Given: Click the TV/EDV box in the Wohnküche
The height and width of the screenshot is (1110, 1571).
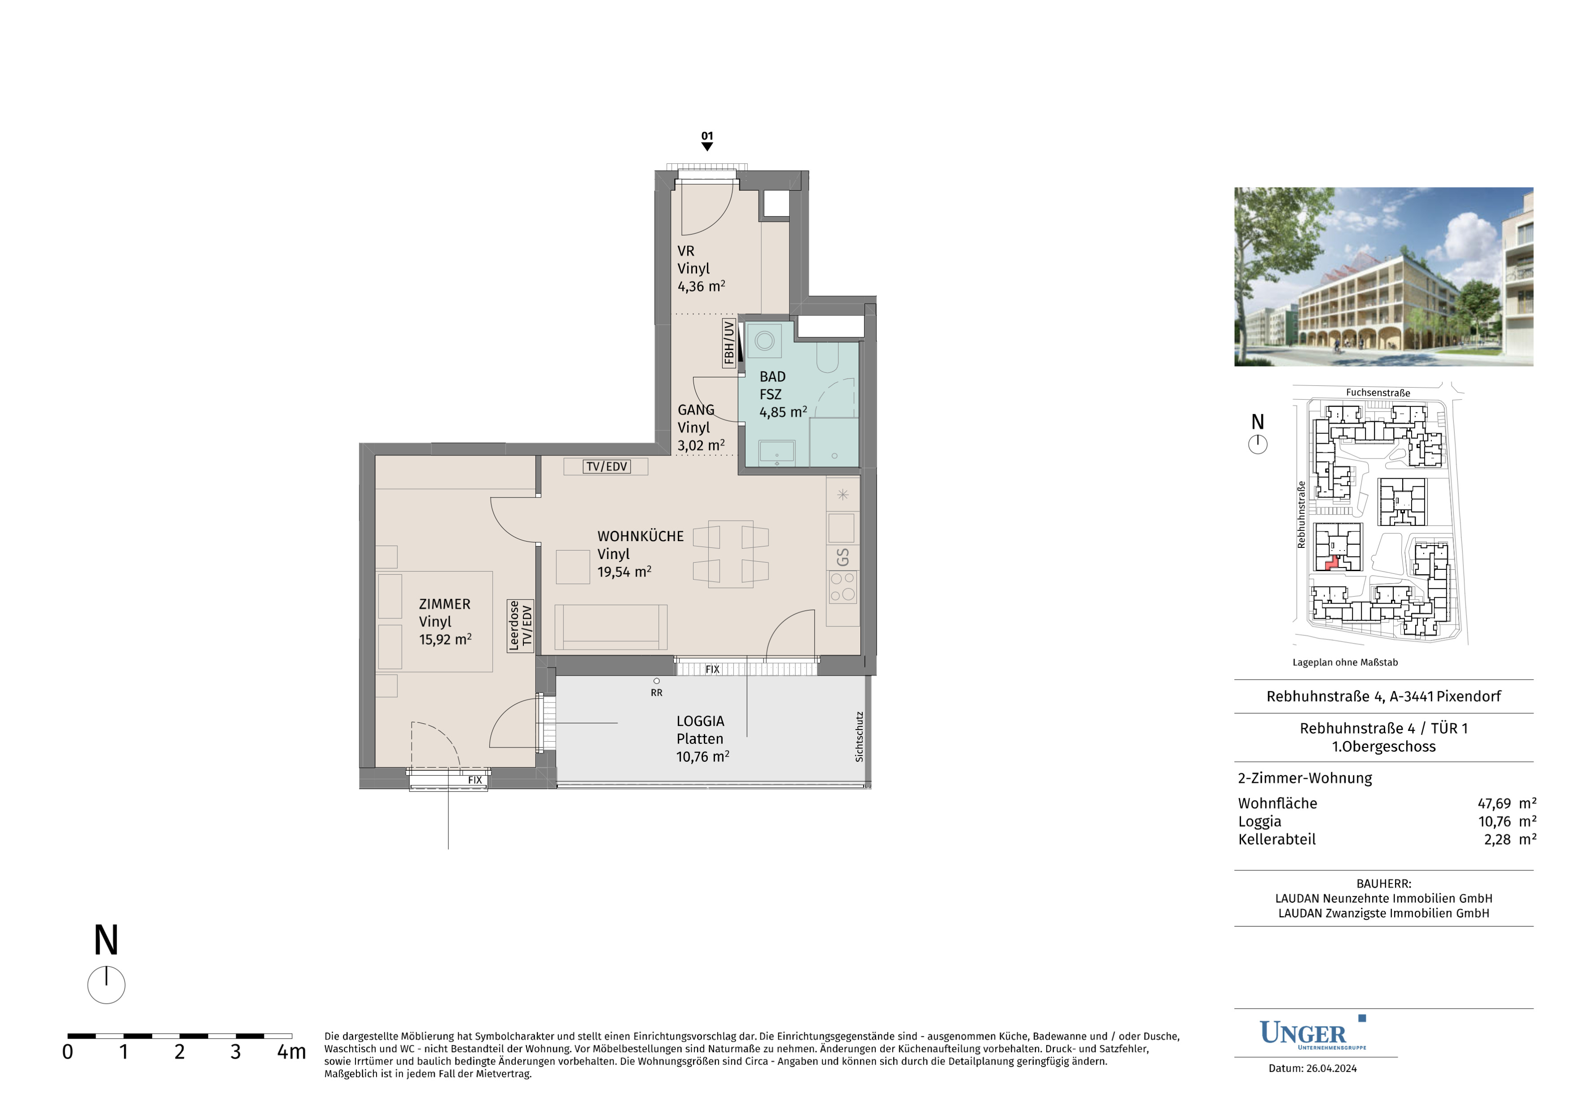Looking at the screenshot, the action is point(607,467).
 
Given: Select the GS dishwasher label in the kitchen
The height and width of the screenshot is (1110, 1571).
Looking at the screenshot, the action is point(843,557).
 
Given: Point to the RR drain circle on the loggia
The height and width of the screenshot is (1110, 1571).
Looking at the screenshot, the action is point(657,681).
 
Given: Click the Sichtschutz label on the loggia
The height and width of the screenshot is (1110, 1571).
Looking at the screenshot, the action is point(860,737).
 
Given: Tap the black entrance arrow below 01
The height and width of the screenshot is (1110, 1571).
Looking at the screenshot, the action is point(707,146).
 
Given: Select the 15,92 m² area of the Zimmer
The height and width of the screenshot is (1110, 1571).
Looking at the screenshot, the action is point(445,639).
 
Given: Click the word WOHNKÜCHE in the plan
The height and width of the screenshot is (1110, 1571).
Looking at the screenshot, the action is point(641,536).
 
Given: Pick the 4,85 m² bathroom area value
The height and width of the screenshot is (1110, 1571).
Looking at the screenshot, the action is point(783,412).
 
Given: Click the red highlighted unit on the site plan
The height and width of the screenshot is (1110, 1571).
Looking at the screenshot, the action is point(1331,563).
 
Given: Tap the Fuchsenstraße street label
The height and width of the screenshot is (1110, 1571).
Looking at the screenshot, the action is point(1378,393).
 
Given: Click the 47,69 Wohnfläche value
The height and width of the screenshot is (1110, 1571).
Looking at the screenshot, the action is point(1494,804).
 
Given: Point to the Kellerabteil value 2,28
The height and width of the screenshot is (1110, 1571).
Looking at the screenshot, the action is point(1497,839).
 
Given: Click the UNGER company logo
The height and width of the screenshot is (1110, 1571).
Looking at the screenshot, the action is point(1313,1033).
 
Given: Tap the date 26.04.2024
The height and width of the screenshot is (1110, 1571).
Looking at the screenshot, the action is point(1331,1068).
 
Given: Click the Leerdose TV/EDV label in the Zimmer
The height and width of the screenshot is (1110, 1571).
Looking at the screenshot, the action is point(520,626).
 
